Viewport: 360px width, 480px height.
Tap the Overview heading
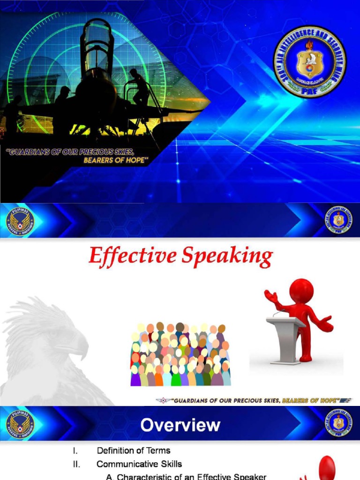[180, 425]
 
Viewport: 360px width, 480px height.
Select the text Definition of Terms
[134, 450]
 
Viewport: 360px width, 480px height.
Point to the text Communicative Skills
[139, 464]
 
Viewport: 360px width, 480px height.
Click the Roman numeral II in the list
[76, 464]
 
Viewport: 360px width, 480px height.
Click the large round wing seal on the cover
[310, 62]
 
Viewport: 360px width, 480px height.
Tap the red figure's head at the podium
[301, 291]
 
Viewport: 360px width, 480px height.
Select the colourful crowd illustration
[180, 354]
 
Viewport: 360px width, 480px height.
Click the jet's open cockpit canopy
[97, 45]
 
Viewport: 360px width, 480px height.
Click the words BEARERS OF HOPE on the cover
[116, 160]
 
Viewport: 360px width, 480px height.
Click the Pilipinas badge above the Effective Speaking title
[20, 221]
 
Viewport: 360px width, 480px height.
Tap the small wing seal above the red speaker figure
[338, 220]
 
